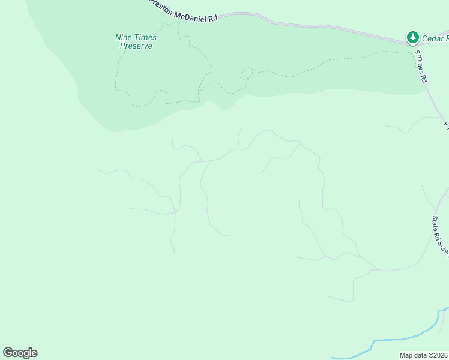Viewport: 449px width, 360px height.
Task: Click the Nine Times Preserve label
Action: click(136, 41)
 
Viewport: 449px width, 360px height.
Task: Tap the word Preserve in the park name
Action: click(136, 46)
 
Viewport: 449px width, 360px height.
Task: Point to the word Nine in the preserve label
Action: click(122, 37)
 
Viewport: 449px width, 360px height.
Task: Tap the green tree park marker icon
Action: click(412, 38)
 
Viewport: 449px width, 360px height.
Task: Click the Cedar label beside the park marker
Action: click(434, 38)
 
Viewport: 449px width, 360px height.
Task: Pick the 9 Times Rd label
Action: click(421, 67)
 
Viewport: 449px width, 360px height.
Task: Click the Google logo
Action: click(20, 353)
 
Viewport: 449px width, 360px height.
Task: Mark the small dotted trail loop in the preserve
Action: click(246, 74)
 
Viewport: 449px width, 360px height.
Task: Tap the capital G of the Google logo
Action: click(8, 353)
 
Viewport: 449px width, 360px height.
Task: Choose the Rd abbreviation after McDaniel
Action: click(212, 18)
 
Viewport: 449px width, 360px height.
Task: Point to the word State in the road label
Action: click(436, 223)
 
